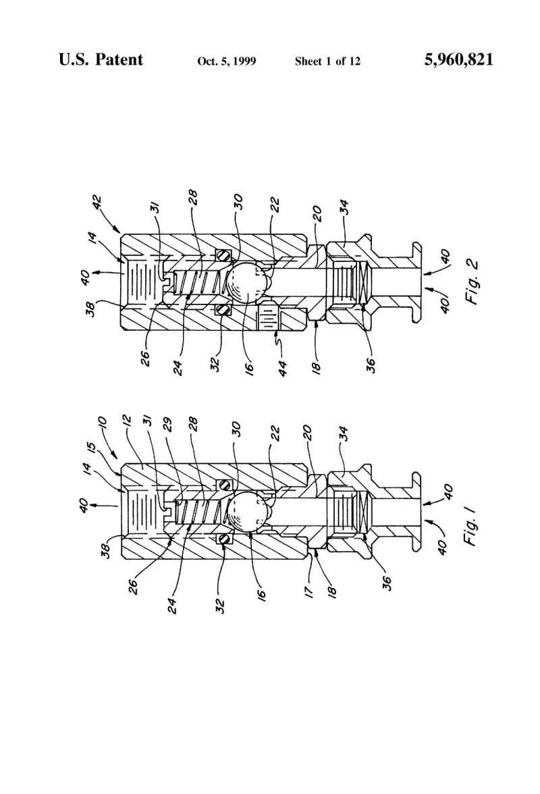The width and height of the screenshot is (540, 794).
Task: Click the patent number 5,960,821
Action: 458,59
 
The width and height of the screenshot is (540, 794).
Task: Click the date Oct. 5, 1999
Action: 227,61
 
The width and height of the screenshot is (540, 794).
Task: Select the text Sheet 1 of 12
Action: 327,61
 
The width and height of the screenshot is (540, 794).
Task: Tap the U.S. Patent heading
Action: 101,59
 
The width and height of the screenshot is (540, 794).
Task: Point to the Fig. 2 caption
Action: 473,282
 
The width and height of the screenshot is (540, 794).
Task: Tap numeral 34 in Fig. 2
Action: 344,207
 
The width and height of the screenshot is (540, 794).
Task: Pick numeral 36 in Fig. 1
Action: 387,583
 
